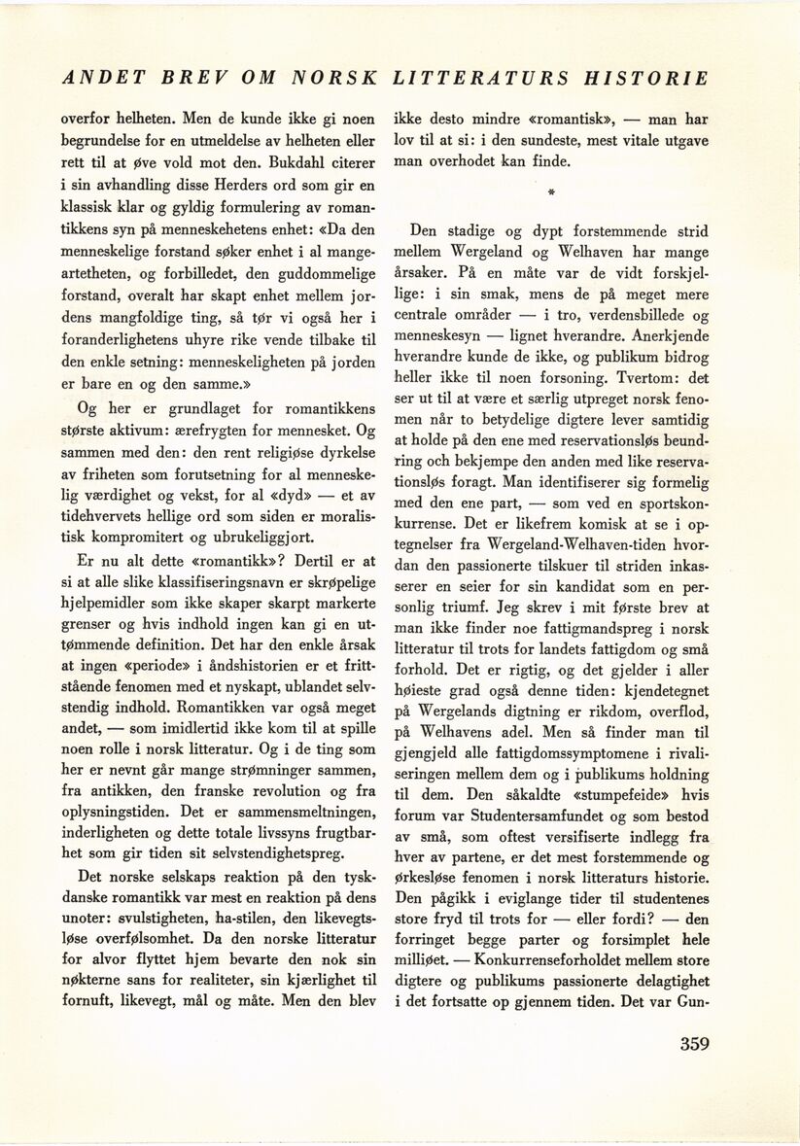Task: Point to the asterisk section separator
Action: click(550, 194)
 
